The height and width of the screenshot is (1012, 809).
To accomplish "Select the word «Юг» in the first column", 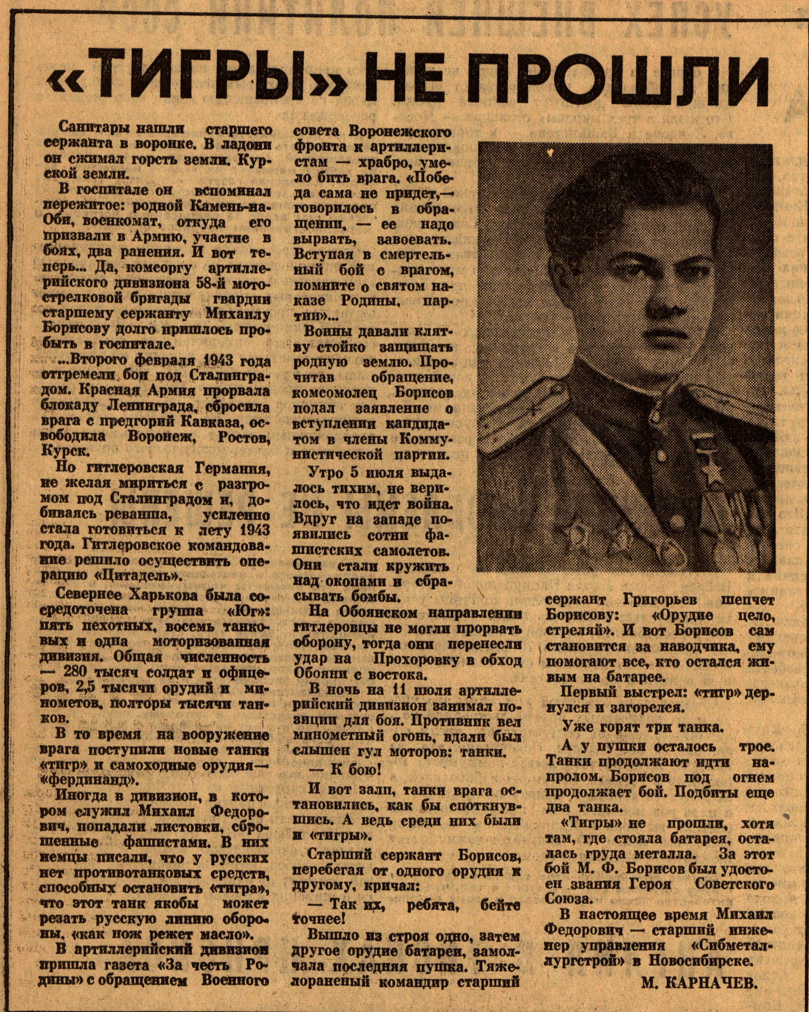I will (x=247, y=611).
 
